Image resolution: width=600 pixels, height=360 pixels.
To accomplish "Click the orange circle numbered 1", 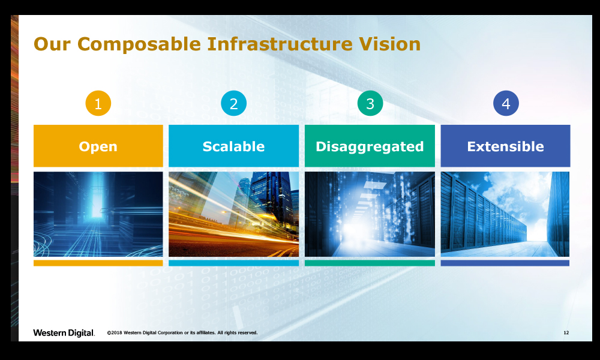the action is [x=98, y=103].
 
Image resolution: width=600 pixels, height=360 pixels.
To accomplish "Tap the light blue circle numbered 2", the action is [x=234, y=103].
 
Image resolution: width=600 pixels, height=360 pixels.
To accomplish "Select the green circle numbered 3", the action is [x=370, y=103].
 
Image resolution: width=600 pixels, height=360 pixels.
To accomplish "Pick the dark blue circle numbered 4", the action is [x=506, y=103].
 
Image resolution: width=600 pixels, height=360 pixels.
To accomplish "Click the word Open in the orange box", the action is [x=98, y=147].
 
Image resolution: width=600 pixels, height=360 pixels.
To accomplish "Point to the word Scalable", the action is [x=233, y=146].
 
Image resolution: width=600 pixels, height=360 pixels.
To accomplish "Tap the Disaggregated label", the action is [x=370, y=147].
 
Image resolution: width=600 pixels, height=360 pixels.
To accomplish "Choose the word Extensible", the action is [x=505, y=146].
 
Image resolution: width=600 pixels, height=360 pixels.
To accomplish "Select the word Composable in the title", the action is [x=139, y=44].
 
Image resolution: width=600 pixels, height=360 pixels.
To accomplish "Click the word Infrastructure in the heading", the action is [x=280, y=44].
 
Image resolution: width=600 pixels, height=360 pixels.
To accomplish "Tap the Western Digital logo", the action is [x=64, y=333].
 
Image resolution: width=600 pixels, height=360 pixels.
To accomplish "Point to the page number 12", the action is [x=566, y=333].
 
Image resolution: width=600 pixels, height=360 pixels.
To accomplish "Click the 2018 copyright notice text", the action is [x=182, y=333].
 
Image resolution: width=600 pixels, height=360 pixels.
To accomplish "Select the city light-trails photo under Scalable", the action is [x=234, y=214].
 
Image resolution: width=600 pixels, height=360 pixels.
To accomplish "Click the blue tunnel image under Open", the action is [x=98, y=214].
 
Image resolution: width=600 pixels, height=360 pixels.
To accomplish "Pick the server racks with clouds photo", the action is [x=505, y=214].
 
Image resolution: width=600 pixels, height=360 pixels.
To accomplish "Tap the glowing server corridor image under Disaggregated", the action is [x=370, y=214].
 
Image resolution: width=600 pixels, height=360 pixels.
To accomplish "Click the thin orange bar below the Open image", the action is [x=98, y=263].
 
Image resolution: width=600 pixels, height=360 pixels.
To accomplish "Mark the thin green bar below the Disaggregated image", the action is [x=370, y=263].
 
